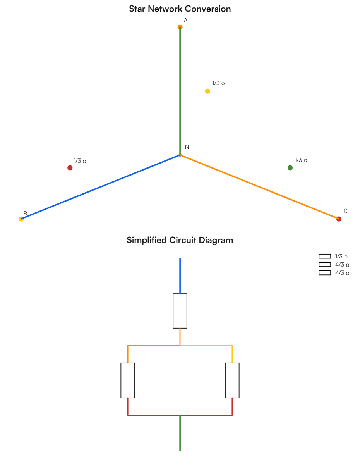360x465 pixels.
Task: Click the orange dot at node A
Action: (x=180, y=27)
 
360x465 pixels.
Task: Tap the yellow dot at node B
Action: (x=21, y=219)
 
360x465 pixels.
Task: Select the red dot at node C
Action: (x=339, y=219)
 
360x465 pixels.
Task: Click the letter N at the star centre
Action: (x=187, y=147)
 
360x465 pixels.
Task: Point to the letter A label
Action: (x=185, y=20)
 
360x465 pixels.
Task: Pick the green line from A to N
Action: (x=180, y=91)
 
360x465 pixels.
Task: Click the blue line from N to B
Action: (x=101, y=187)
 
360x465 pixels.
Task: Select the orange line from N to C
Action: (x=259, y=187)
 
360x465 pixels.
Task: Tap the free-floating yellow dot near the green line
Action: (x=207, y=91)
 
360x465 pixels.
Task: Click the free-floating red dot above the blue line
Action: (x=70, y=167)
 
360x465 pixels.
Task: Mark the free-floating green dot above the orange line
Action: (x=290, y=167)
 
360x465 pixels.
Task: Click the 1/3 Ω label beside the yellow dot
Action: (x=218, y=83)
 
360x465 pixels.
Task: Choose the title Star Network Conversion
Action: (x=180, y=9)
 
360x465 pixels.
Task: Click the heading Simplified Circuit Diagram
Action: (x=180, y=240)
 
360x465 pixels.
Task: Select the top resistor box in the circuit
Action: (x=180, y=310)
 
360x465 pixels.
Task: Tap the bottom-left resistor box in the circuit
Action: (x=128, y=380)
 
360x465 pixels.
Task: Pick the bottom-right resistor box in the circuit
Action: (x=232, y=380)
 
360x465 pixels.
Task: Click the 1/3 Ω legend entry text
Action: (x=341, y=256)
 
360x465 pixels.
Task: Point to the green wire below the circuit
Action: (x=180, y=432)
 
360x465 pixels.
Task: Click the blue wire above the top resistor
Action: (x=180, y=276)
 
